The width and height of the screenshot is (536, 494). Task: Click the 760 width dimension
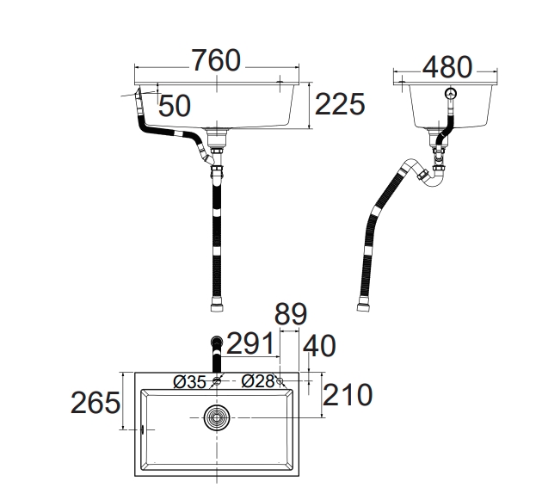pos(217,60)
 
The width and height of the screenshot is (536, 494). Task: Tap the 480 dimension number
pos(447,67)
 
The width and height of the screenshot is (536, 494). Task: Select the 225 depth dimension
pos(340,104)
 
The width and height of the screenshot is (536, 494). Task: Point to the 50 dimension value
pos(175,106)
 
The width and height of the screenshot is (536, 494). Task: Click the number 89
pos(291,314)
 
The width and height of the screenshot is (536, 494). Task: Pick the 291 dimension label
pos(250,343)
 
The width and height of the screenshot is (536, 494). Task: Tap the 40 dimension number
pos(319,346)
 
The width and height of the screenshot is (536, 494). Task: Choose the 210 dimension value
pos(348,395)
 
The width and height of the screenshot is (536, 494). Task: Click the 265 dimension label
pos(95,403)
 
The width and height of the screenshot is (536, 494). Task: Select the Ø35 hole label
pos(190,382)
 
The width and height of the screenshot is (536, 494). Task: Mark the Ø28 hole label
pos(258,380)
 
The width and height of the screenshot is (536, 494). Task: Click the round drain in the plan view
pos(217,417)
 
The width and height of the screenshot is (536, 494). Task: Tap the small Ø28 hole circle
pos(280,381)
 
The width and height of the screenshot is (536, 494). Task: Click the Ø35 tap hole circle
pos(217,380)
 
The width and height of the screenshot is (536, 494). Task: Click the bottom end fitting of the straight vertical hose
pos(217,307)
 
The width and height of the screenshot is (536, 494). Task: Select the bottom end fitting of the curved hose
pos(362,306)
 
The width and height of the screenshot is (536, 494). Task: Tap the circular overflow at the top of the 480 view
pos(451,93)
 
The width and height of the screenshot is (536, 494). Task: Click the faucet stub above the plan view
pos(217,355)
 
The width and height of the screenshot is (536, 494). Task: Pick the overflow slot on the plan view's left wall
pos(142,429)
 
